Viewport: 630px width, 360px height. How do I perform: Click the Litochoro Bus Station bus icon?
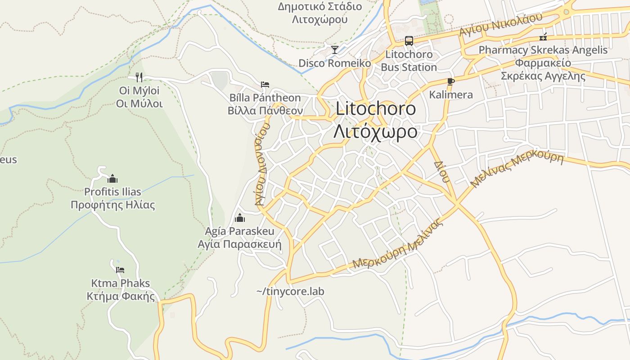pyautogui.click(x=409, y=40)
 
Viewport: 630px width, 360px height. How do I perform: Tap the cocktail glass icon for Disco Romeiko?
pyautogui.click(x=335, y=49)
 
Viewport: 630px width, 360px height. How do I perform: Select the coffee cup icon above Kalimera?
pyautogui.click(x=451, y=81)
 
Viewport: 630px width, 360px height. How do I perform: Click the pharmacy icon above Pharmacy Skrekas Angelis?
pyautogui.click(x=543, y=36)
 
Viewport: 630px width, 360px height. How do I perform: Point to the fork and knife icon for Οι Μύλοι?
pyautogui.click(x=139, y=77)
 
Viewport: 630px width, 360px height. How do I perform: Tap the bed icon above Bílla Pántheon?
pyautogui.click(x=265, y=84)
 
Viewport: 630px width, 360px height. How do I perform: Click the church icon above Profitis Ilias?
pyautogui.click(x=112, y=179)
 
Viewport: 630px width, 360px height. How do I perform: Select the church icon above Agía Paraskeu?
pyautogui.click(x=240, y=218)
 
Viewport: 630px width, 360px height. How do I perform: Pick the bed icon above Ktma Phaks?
pyautogui.click(x=120, y=270)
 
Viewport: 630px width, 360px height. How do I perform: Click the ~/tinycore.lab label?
pyautogui.click(x=290, y=291)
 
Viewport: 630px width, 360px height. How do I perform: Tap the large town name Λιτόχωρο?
pyautogui.click(x=375, y=132)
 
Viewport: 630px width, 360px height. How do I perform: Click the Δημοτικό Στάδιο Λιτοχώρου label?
pyautogui.click(x=320, y=13)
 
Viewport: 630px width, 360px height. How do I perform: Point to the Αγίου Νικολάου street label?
pyautogui.click(x=501, y=24)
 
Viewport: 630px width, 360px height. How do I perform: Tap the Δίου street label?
pyautogui.click(x=441, y=171)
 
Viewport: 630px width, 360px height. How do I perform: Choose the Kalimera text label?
pyautogui.click(x=451, y=94)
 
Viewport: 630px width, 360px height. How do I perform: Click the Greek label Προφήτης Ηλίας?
pyautogui.click(x=113, y=205)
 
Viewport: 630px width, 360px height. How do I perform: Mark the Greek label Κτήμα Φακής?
pyautogui.click(x=121, y=296)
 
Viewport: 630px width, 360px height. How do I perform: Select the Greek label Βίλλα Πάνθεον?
pyautogui.click(x=265, y=111)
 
